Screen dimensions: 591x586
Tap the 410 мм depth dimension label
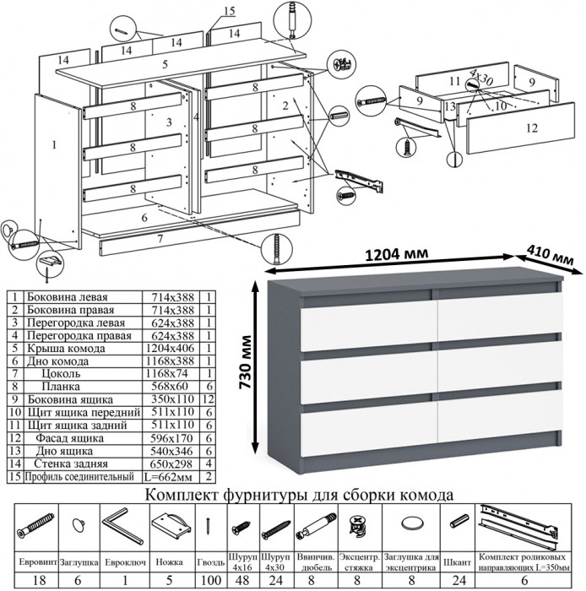coord(547,251)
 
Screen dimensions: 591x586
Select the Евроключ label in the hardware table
coord(123,560)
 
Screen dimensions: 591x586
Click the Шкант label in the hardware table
coord(457,560)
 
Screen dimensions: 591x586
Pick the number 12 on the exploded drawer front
coord(530,129)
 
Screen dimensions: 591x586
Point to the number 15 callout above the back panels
coord(230,10)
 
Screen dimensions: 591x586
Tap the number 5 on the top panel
coord(165,65)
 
